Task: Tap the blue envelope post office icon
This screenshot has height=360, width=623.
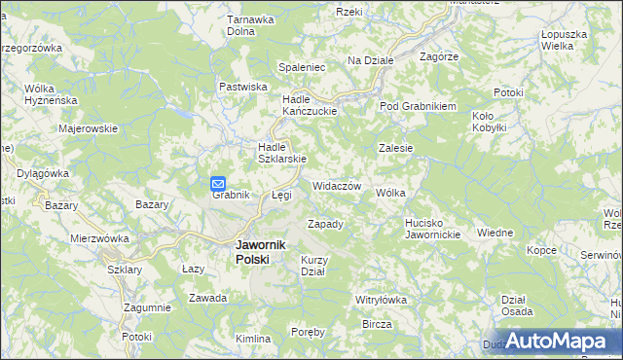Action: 218,182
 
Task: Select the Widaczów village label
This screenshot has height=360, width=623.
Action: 338,186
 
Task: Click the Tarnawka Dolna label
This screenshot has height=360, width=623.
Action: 247,24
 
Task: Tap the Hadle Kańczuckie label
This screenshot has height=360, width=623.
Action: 309,105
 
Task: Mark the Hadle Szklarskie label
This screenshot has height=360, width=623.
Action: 281,153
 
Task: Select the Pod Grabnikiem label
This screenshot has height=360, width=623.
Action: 419,106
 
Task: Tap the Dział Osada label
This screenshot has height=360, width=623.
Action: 516,306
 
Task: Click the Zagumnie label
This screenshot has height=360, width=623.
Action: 147,307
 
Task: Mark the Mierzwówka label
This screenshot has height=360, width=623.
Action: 100,237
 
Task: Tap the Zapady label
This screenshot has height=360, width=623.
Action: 325,224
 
